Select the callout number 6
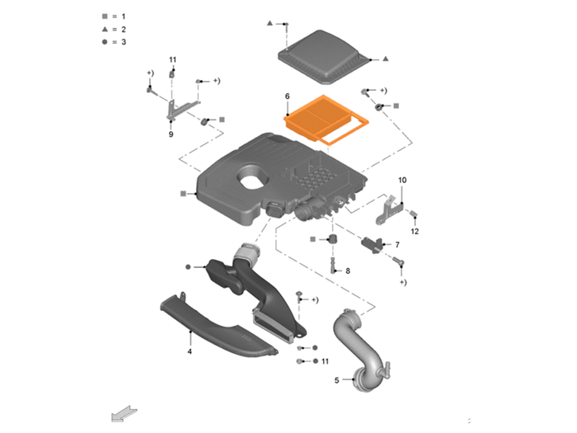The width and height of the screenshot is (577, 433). pyautogui.click(x=288, y=96)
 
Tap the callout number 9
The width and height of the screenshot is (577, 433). pyautogui.click(x=171, y=134)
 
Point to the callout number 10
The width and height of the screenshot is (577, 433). pyautogui.click(x=402, y=180)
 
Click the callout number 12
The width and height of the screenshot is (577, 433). pyautogui.click(x=415, y=231)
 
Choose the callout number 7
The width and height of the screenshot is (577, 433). pyautogui.click(x=397, y=244)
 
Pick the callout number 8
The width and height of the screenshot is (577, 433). pyautogui.click(x=348, y=271)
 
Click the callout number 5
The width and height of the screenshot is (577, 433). pyautogui.click(x=336, y=380)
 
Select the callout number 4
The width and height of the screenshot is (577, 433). pyautogui.click(x=190, y=351)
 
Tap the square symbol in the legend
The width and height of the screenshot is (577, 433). pyautogui.click(x=105, y=16)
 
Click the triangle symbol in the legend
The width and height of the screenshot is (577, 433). pyautogui.click(x=105, y=29)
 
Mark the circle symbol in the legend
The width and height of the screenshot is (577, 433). pyautogui.click(x=105, y=42)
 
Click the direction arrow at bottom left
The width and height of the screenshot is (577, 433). pyautogui.click(x=124, y=414)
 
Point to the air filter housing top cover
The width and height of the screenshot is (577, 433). pyautogui.click(x=323, y=56)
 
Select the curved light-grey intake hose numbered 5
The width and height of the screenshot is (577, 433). pyautogui.click(x=361, y=350)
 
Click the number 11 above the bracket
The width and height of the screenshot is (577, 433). pyautogui.click(x=172, y=59)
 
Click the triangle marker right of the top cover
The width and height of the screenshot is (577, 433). pyautogui.click(x=385, y=59)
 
